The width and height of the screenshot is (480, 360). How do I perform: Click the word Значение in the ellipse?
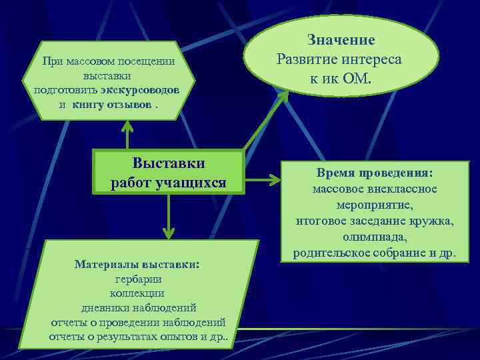pos(341,41)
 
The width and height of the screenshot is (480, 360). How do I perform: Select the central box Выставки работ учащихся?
pos(169,173)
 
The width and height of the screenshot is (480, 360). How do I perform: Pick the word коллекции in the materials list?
pos(137,293)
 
